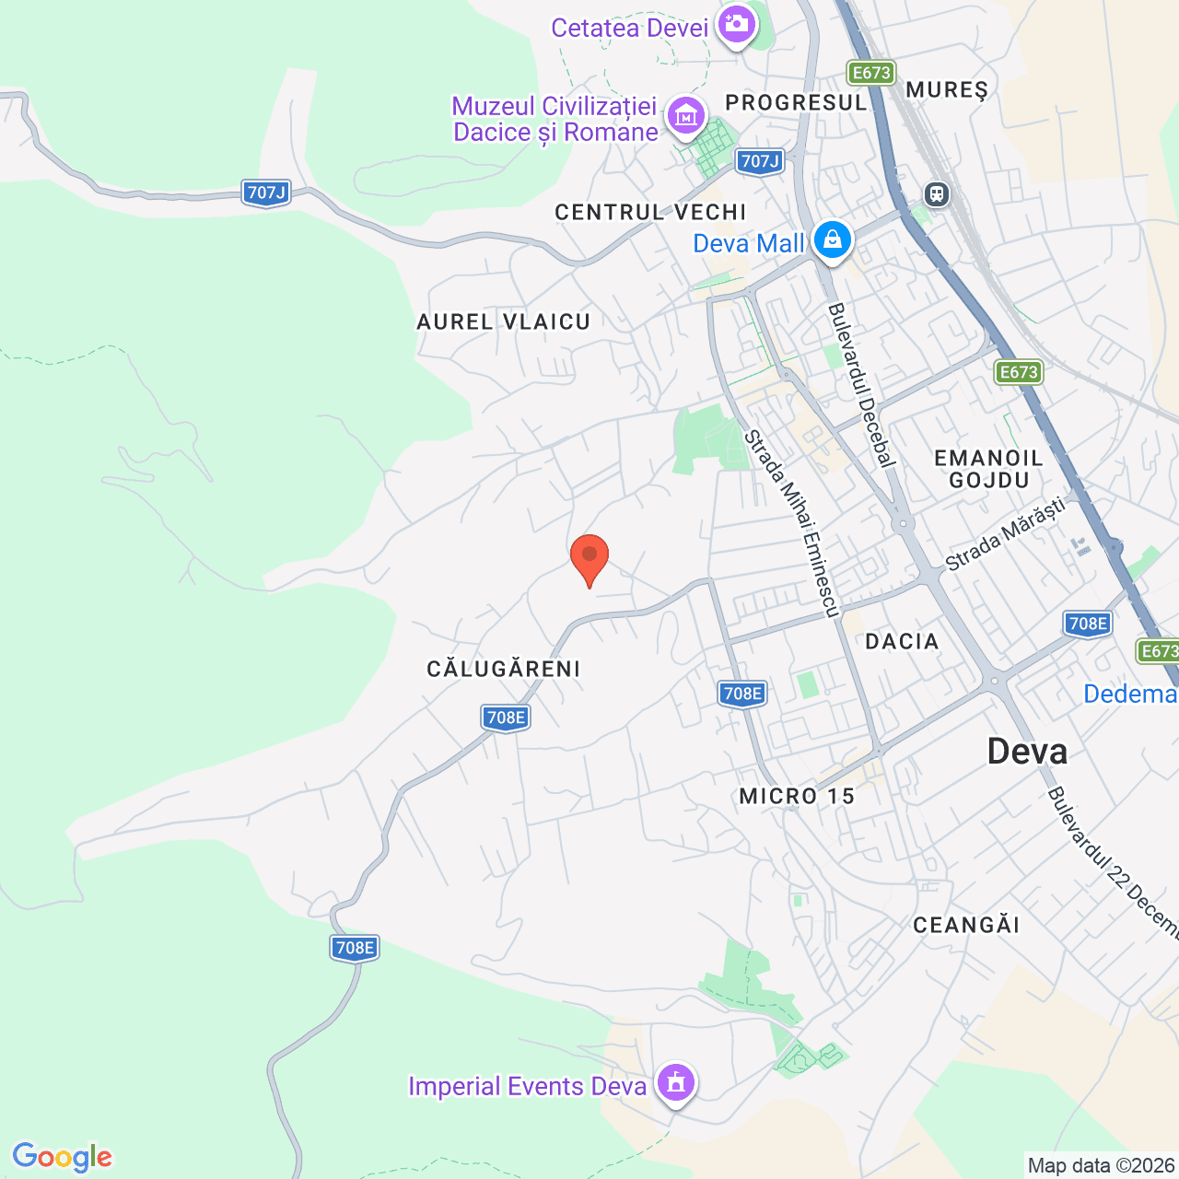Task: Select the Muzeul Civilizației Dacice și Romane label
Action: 554,120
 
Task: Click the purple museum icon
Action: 686,117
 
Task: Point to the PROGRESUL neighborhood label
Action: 796,102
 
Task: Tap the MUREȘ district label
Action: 947,89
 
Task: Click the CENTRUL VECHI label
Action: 650,212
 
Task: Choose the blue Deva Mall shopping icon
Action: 833,239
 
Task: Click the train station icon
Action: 937,194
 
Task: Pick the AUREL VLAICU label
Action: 503,321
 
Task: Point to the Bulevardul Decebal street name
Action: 861,385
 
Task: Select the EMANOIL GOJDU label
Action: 988,469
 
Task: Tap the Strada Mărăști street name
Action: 1005,533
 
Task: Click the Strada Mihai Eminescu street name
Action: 792,523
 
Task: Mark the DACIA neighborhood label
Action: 902,641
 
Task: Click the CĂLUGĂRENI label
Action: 504,669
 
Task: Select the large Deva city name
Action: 1027,752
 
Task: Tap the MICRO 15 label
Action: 797,796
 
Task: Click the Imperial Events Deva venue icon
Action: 676,1082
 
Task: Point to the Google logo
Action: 62,1157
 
